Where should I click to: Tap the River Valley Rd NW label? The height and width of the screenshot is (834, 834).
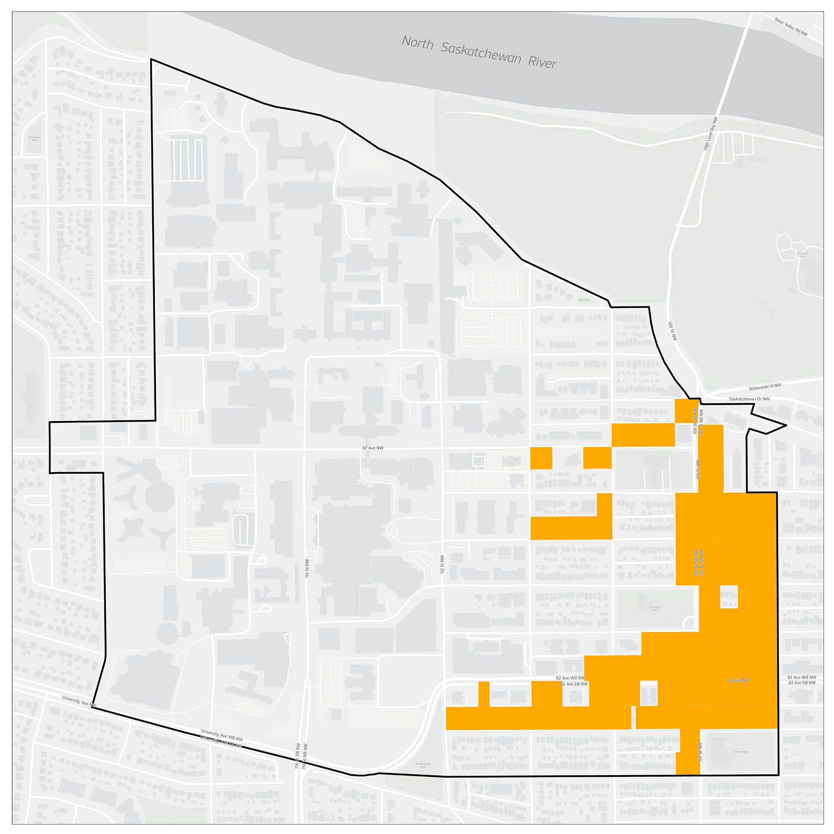(791, 27)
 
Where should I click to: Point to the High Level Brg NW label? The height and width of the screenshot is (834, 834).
(711, 133)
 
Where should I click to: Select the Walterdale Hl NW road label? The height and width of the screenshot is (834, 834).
(764, 387)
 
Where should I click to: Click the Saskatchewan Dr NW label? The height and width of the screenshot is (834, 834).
(749, 399)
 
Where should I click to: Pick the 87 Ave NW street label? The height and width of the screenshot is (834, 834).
(373, 448)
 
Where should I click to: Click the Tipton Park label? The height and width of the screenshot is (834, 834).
(740, 751)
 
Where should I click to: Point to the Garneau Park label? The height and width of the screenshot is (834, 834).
(655, 608)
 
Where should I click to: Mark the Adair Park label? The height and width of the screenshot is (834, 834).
(585, 299)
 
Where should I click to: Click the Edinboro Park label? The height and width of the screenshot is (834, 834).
(35, 138)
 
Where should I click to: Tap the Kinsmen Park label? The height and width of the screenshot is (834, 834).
(802, 255)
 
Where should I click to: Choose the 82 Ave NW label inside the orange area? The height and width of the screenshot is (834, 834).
(739, 680)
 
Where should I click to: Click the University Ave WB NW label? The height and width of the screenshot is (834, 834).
(222, 735)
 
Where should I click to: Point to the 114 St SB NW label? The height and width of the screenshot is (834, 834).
(297, 756)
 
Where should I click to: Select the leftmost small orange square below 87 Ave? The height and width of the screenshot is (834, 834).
(541, 458)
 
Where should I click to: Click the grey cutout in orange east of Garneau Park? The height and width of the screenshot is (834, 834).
(728, 597)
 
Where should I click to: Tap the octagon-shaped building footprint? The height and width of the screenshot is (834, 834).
(160, 498)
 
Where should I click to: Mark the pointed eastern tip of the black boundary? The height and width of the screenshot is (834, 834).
(786, 425)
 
